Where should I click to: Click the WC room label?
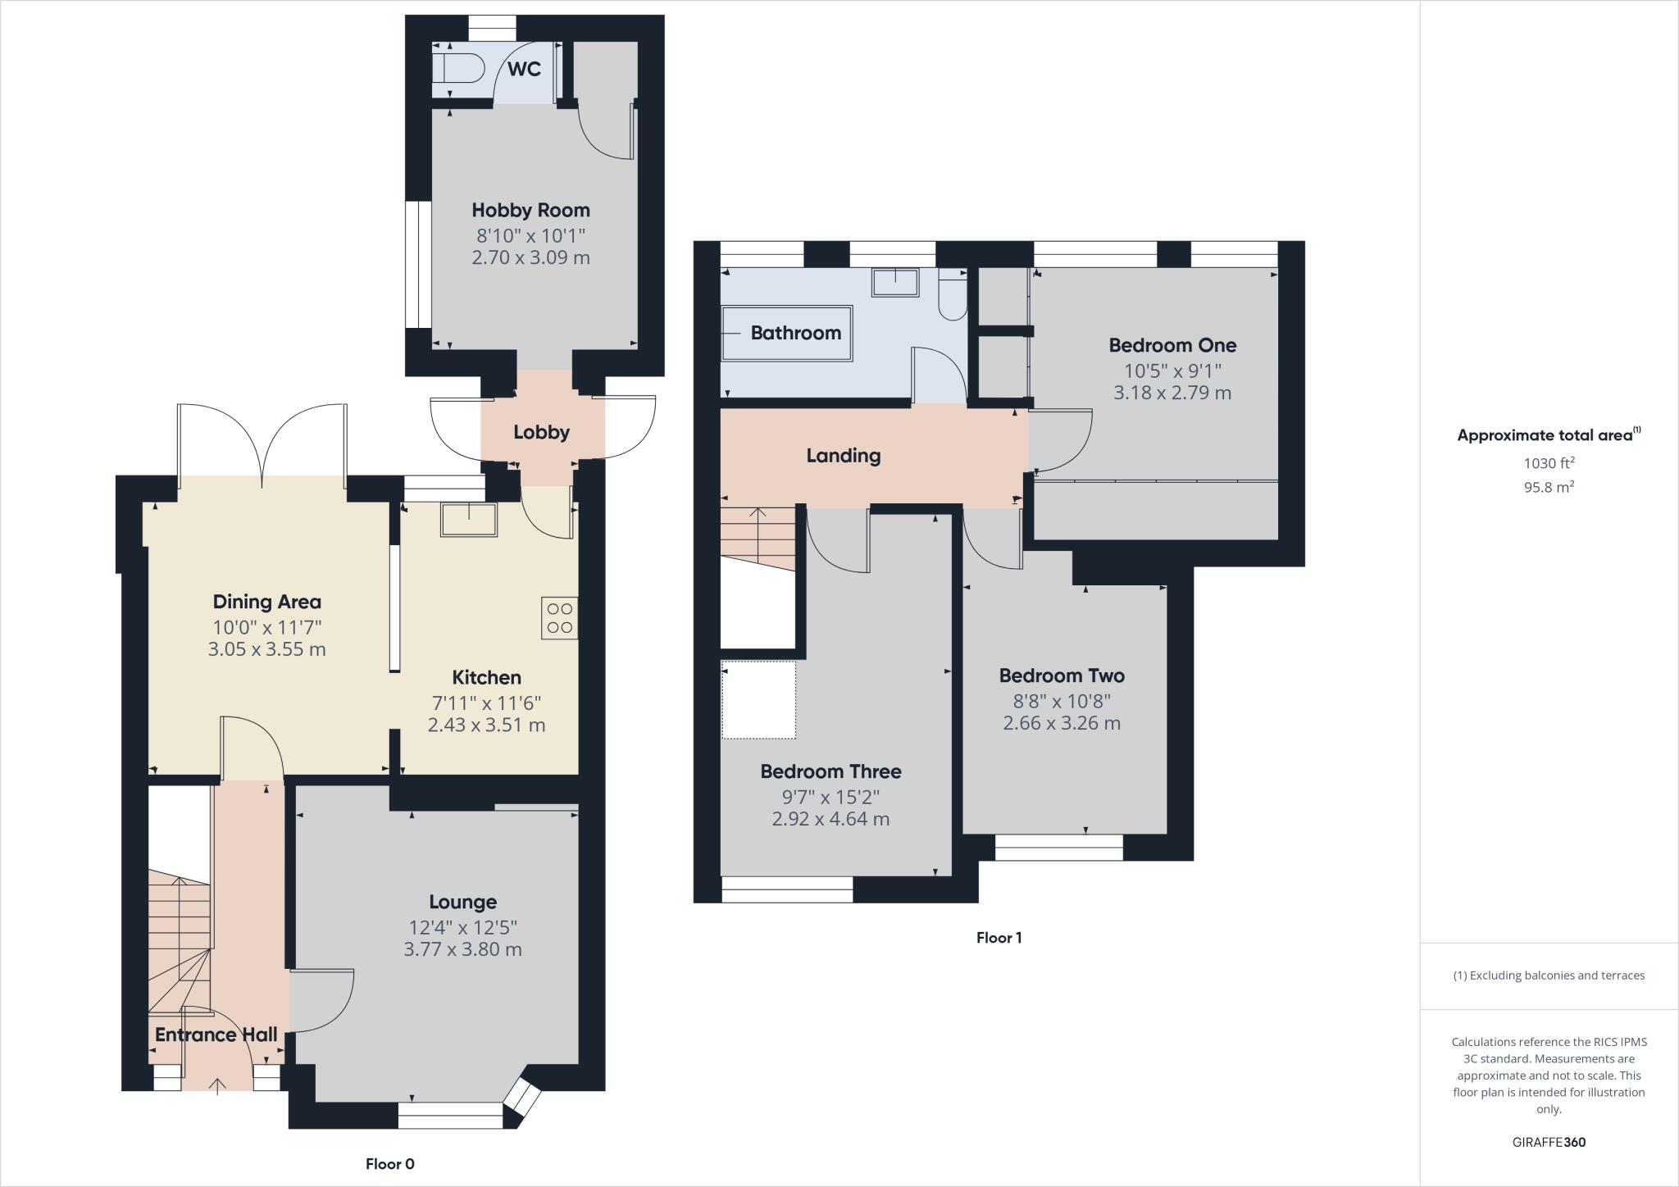coord(524,69)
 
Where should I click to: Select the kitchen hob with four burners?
coord(559,618)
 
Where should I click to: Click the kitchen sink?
coord(469,520)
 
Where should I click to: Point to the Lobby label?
coord(541,432)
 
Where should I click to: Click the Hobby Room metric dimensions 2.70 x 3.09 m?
coord(530,257)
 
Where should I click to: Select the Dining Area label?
coord(266,602)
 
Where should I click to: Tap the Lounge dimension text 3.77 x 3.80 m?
coord(462,949)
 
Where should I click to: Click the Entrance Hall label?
coord(216,1035)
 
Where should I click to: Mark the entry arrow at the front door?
coord(217,1086)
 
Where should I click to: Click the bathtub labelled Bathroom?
coord(787,333)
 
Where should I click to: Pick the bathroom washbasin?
coord(895,283)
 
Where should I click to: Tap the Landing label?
coord(843,456)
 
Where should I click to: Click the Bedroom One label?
coord(1172,345)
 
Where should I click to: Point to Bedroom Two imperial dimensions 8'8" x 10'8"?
coord(1061,701)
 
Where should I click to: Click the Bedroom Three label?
coord(830,771)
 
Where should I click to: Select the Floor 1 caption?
coord(999,938)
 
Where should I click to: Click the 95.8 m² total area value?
coord(1549,487)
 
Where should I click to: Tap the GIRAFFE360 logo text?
coord(1549,1142)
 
